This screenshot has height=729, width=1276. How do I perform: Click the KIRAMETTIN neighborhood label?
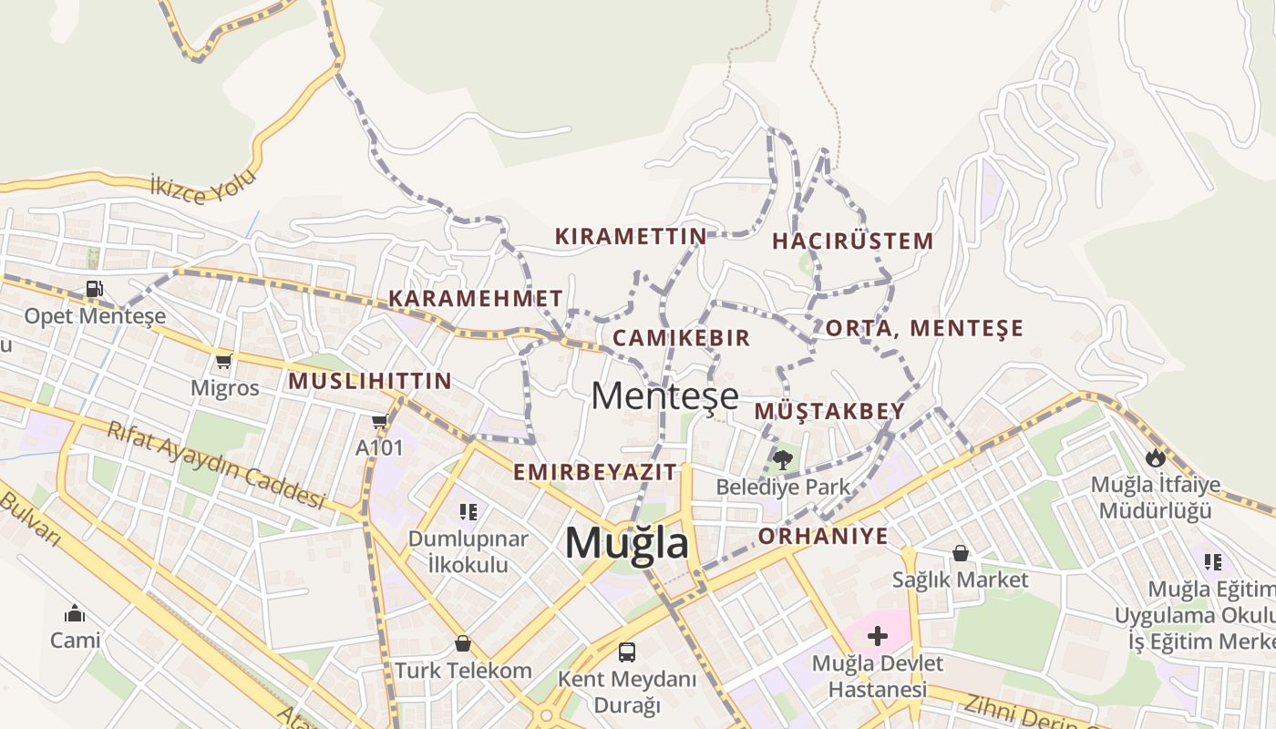point(631,237)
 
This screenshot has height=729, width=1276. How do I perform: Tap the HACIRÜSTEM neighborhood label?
point(852,241)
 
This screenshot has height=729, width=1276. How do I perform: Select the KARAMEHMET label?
point(476,299)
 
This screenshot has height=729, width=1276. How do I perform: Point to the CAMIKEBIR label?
point(681,338)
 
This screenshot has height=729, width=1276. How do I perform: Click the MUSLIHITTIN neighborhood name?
point(370,382)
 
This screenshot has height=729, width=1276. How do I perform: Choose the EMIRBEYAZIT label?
point(595,472)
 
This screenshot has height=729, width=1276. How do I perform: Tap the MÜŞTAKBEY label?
point(829,412)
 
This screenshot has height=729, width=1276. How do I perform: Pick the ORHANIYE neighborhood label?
point(823,536)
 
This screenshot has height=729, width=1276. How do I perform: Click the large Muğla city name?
point(627,543)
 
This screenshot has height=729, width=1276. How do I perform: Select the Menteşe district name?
point(664,396)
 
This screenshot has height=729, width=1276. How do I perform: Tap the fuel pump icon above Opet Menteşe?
point(94,290)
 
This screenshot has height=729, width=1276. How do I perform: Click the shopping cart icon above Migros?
point(224,361)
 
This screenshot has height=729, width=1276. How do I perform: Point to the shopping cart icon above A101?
point(379,421)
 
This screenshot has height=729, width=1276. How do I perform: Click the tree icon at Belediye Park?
point(782,458)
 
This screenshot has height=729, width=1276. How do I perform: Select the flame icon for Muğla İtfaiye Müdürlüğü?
point(1156,457)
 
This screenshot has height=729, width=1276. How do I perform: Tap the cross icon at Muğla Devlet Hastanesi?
point(877,635)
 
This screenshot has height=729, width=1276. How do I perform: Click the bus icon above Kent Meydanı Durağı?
point(627,652)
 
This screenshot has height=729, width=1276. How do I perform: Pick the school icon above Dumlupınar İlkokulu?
point(468,512)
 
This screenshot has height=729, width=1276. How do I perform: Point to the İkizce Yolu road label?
point(204,187)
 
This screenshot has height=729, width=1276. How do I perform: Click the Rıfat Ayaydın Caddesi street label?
point(216,465)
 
